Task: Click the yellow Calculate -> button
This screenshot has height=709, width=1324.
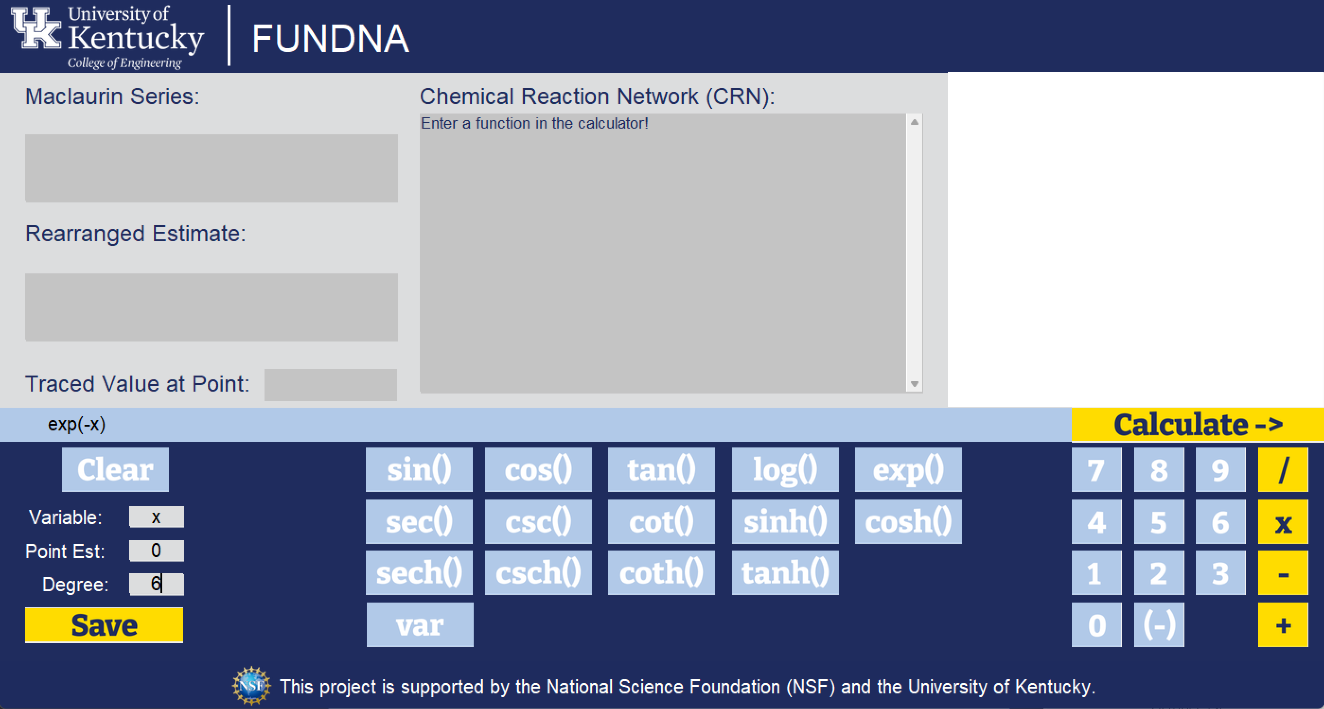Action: (x=1197, y=425)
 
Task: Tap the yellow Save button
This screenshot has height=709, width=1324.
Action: (x=104, y=625)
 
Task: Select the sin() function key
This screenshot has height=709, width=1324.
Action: (x=419, y=470)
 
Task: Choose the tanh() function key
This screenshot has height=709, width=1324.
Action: (x=785, y=573)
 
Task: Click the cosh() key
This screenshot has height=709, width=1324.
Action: (x=908, y=522)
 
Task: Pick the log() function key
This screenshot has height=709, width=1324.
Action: (x=785, y=470)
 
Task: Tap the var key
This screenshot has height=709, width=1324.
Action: (x=419, y=625)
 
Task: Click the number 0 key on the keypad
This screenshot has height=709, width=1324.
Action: (x=1096, y=625)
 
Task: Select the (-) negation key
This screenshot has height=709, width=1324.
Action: (x=1158, y=625)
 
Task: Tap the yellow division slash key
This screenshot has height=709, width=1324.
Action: (x=1283, y=470)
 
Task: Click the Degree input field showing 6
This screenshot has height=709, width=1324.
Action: (x=156, y=584)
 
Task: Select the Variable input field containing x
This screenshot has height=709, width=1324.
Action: (x=156, y=517)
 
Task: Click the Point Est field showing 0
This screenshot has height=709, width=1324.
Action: (x=156, y=551)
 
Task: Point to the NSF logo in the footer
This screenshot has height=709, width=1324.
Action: (x=251, y=685)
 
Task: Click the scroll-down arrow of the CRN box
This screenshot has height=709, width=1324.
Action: (x=914, y=384)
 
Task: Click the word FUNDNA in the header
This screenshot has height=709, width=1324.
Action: (x=330, y=38)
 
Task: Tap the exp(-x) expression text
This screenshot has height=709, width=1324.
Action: (x=77, y=424)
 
